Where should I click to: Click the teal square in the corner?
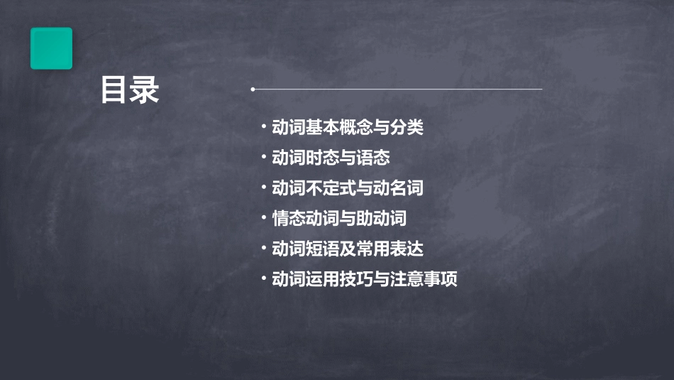[x=51, y=48]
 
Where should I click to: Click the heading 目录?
[x=130, y=91]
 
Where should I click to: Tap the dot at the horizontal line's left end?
[x=253, y=89]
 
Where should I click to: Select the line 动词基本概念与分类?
[x=348, y=128]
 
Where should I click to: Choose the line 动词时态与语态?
[x=331, y=158]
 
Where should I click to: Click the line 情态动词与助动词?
[x=339, y=219]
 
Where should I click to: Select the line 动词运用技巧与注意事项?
[x=365, y=279]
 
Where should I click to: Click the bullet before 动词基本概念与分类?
[x=264, y=128]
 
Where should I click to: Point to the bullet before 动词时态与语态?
[x=264, y=158]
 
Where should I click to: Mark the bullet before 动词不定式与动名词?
[x=264, y=188]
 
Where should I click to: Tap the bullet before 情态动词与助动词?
[x=264, y=219]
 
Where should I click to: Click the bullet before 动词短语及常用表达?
[x=264, y=249]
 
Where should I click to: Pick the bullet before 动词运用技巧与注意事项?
[x=264, y=279]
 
